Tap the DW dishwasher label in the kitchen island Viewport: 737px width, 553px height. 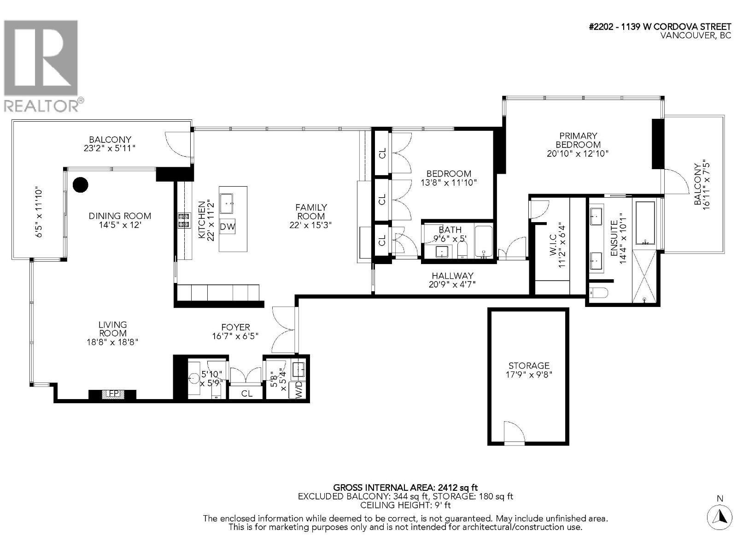227,227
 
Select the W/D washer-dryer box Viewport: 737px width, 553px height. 298,389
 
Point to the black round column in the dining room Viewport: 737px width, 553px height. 81,185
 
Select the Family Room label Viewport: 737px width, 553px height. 310,212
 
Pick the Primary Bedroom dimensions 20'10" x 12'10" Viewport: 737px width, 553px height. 578,153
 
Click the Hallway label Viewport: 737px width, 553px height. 452,276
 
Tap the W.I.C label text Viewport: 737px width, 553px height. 553,244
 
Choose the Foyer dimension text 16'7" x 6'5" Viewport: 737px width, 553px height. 235,336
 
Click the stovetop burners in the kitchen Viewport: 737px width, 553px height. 184,220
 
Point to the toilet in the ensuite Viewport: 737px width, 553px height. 598,293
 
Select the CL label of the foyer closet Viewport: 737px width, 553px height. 247,393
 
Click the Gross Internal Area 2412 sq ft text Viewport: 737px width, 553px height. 405,487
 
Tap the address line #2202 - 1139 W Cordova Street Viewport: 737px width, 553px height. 660,27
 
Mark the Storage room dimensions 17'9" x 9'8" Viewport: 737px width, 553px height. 529,374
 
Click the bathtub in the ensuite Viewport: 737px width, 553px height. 645,223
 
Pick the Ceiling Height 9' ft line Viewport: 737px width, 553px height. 405,505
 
